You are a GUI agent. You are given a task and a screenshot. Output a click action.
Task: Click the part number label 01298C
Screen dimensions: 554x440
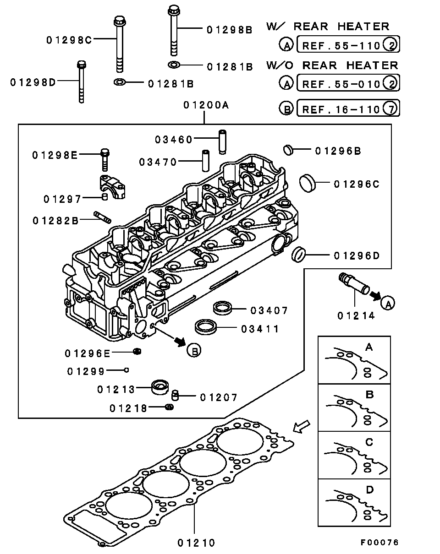click(x=69, y=40)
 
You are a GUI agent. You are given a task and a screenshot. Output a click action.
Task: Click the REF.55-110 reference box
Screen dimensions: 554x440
click(x=348, y=45)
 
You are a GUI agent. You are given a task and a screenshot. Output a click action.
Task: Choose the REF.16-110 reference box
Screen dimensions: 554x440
click(x=348, y=109)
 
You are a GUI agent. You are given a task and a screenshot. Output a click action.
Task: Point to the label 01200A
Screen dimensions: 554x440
click(x=206, y=105)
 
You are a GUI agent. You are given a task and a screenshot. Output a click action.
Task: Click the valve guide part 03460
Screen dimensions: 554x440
click(x=223, y=142)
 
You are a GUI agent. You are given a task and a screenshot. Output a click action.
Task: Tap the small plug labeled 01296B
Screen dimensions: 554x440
click(x=288, y=149)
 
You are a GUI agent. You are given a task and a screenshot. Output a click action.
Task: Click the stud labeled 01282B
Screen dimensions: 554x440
click(x=102, y=217)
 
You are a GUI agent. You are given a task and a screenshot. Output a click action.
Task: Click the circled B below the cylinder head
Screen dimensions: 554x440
click(x=194, y=351)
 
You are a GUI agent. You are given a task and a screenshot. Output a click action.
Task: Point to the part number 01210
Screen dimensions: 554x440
click(x=196, y=543)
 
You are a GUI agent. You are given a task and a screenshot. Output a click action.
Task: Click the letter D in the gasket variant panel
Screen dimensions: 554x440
click(x=369, y=490)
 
